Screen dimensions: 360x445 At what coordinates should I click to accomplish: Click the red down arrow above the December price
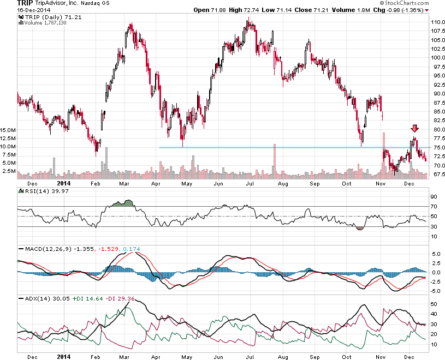click(x=414, y=129)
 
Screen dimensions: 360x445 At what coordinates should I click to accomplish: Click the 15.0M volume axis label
click(x=9, y=130)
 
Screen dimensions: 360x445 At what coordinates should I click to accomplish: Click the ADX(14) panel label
click(x=34, y=299)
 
